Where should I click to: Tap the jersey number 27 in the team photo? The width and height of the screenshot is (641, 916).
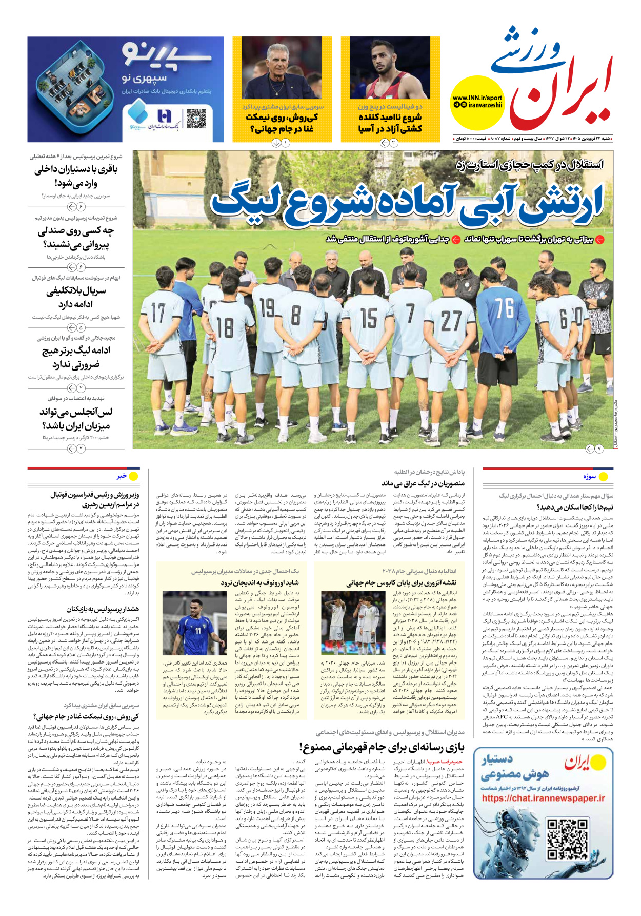coord(451,321)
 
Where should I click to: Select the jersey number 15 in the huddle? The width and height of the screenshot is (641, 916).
coord(368,318)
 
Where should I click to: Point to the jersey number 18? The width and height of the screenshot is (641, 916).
coord(225,327)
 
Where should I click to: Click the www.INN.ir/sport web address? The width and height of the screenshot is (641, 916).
coord(477,98)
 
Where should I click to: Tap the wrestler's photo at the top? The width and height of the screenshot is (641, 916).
coord(390,68)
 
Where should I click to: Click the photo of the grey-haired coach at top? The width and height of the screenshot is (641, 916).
coord(282,68)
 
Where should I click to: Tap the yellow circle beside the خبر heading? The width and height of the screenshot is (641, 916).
coord(133,476)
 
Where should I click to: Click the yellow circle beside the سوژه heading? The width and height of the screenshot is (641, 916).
coord(604,477)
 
